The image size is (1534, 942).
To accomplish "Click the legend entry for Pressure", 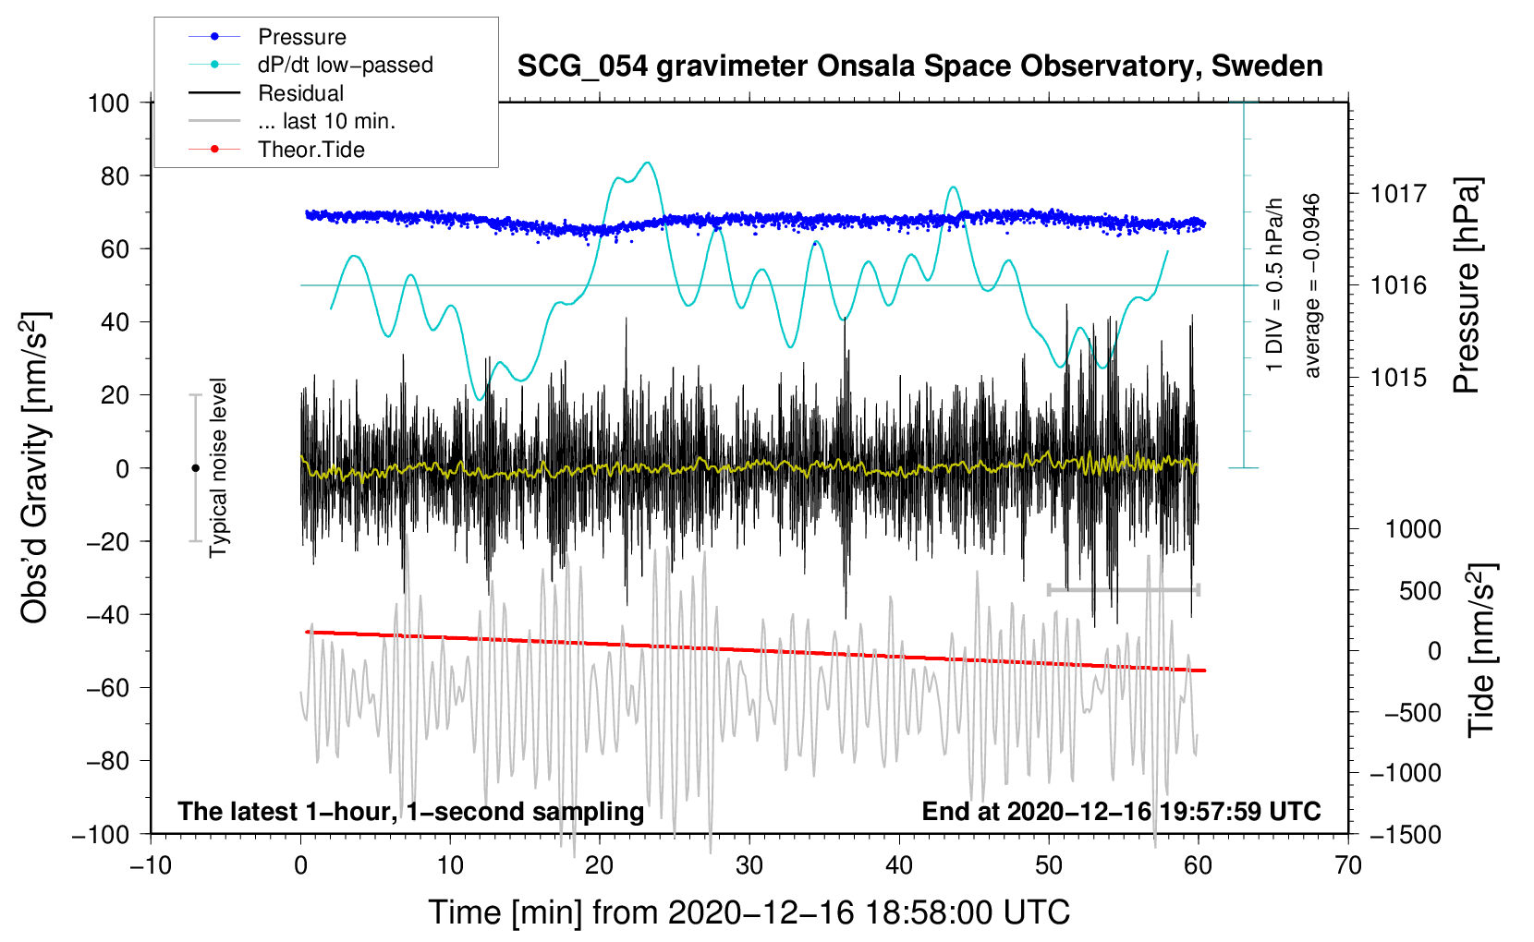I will (x=301, y=37).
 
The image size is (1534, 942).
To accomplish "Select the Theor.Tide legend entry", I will (x=310, y=150).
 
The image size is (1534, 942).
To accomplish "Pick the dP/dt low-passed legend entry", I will (x=345, y=65).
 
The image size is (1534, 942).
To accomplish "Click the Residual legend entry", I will (x=300, y=93).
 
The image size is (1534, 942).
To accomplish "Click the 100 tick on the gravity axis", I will (x=108, y=103).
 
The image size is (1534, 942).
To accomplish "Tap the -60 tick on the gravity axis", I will (x=108, y=687).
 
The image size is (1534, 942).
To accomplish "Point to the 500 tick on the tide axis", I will (x=1420, y=590).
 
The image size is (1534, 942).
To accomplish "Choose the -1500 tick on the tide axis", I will (x=1406, y=835).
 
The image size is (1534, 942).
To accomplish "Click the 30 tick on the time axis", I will (x=749, y=865).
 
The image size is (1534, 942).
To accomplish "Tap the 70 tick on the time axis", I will (x=1348, y=865).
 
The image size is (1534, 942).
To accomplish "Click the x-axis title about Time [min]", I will (x=749, y=912).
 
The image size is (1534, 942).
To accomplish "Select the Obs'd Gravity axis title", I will (x=35, y=468).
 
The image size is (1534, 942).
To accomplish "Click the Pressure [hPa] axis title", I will (x=1467, y=286).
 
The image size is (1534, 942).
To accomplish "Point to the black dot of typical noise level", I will (x=195, y=468).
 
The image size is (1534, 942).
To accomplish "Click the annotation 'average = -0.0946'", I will (x=1312, y=286).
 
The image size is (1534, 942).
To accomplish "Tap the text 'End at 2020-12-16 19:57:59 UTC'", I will (x=1121, y=812).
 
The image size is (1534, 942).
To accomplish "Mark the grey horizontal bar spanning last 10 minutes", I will (x=1123, y=589).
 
